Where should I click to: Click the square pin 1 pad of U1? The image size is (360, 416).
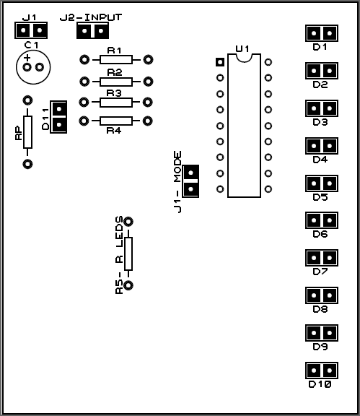(x=220, y=62)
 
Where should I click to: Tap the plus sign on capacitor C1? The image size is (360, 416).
(x=27, y=58)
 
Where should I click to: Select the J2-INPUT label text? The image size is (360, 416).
(x=91, y=17)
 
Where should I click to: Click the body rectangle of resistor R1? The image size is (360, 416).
(x=116, y=60)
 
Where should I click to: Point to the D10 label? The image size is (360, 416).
(x=320, y=384)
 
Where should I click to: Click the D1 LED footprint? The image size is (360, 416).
(x=322, y=33)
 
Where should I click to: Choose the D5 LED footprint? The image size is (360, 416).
(x=322, y=183)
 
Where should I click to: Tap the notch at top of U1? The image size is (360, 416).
(x=244, y=58)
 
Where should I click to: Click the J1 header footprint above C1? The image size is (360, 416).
(x=31, y=30)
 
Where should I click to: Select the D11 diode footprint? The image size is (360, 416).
(x=58, y=117)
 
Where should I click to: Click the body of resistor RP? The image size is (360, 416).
(x=27, y=132)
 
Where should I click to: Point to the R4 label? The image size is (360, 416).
(x=114, y=130)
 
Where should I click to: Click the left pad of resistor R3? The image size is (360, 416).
(x=84, y=102)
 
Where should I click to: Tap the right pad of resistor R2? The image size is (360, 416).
(x=148, y=81)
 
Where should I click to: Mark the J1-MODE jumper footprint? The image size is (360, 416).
(x=190, y=181)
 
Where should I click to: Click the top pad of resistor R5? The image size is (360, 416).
(x=128, y=222)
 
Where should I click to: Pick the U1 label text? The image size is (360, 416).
(x=242, y=49)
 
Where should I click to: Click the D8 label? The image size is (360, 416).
(x=320, y=309)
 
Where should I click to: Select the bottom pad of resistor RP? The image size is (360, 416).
(x=27, y=164)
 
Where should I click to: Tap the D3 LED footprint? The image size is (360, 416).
(x=322, y=108)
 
